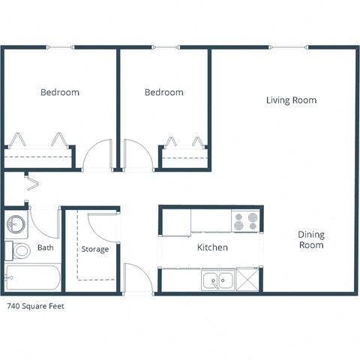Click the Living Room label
tap(291, 100)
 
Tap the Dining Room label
tap(310, 239)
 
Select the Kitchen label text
tap(212, 247)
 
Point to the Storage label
tap(95, 249)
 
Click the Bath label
tap(46, 247)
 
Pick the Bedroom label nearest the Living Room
tap(163, 92)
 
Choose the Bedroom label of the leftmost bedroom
tap(59, 92)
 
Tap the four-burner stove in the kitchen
tap(246, 221)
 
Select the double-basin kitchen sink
tap(217, 281)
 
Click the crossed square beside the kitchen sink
tap(248, 280)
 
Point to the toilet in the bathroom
tap(21, 250)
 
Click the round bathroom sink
tap(16, 223)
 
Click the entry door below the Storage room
tap(138, 279)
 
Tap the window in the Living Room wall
tap(289, 49)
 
